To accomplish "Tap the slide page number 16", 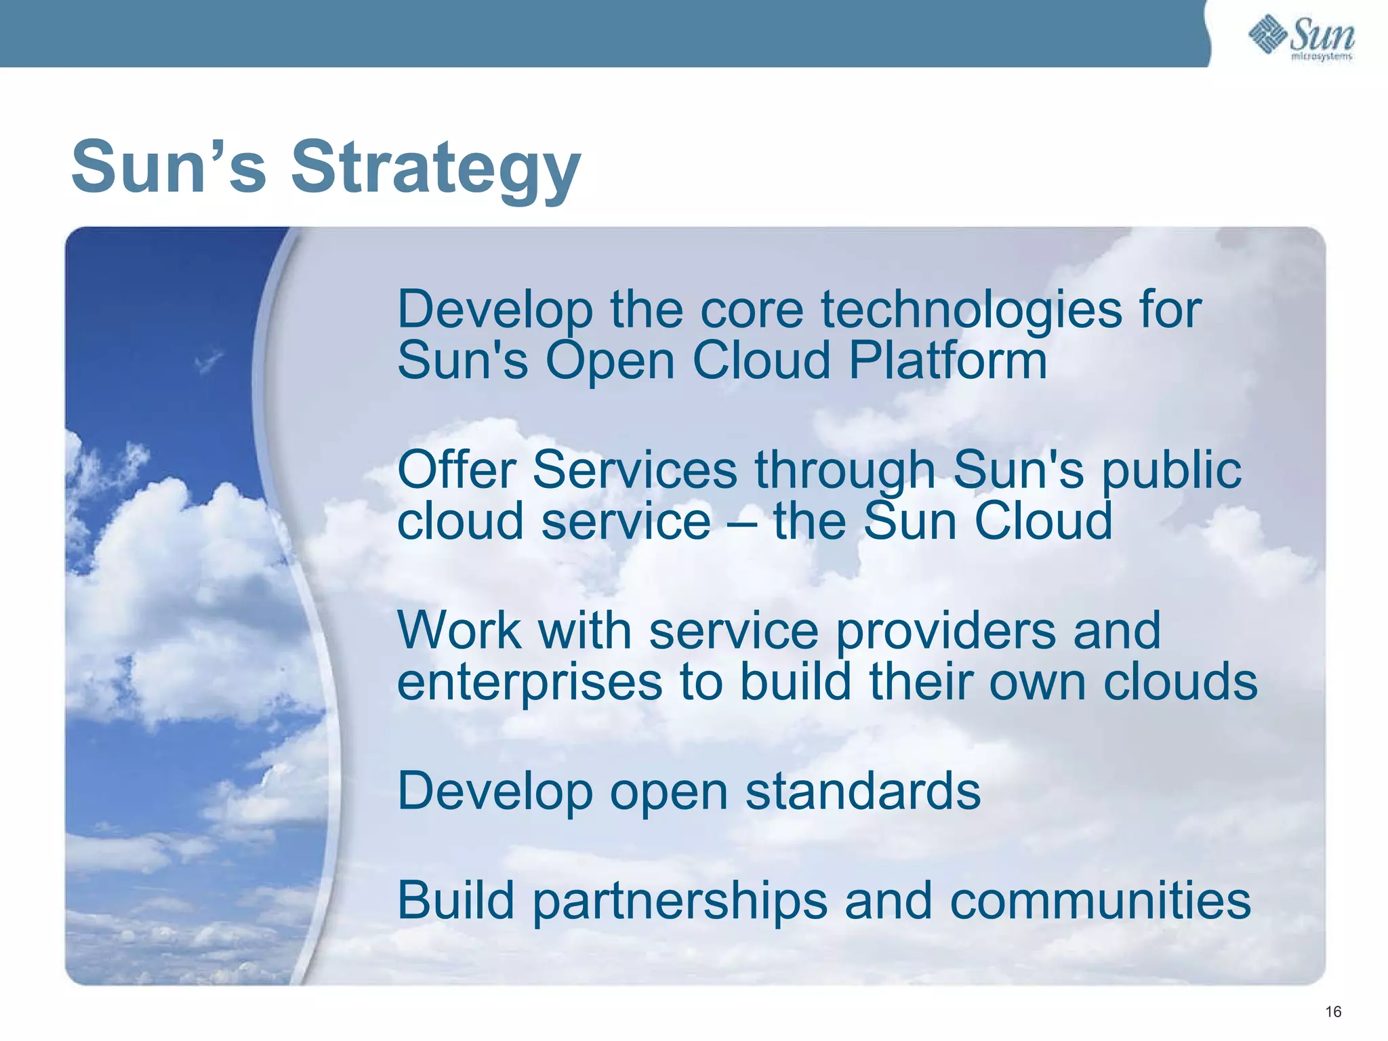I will pos(1332,1012).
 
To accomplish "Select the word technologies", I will pos(972,310).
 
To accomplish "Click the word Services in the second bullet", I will pos(635,470).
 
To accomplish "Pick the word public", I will pos(1171,470).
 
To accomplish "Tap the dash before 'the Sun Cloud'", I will pos(741,522).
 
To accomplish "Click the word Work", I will pos(459,631).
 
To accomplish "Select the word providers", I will pos(945,631).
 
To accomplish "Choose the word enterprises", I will pos(529,682).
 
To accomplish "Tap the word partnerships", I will pos(679,901).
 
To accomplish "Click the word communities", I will pos(1099,901).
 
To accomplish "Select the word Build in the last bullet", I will pos(455,901).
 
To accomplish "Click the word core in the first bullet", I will pos(751,310).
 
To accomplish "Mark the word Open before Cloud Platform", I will pos(610,361).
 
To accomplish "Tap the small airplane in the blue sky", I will pos(209,361).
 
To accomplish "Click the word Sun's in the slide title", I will pos(169,168).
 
